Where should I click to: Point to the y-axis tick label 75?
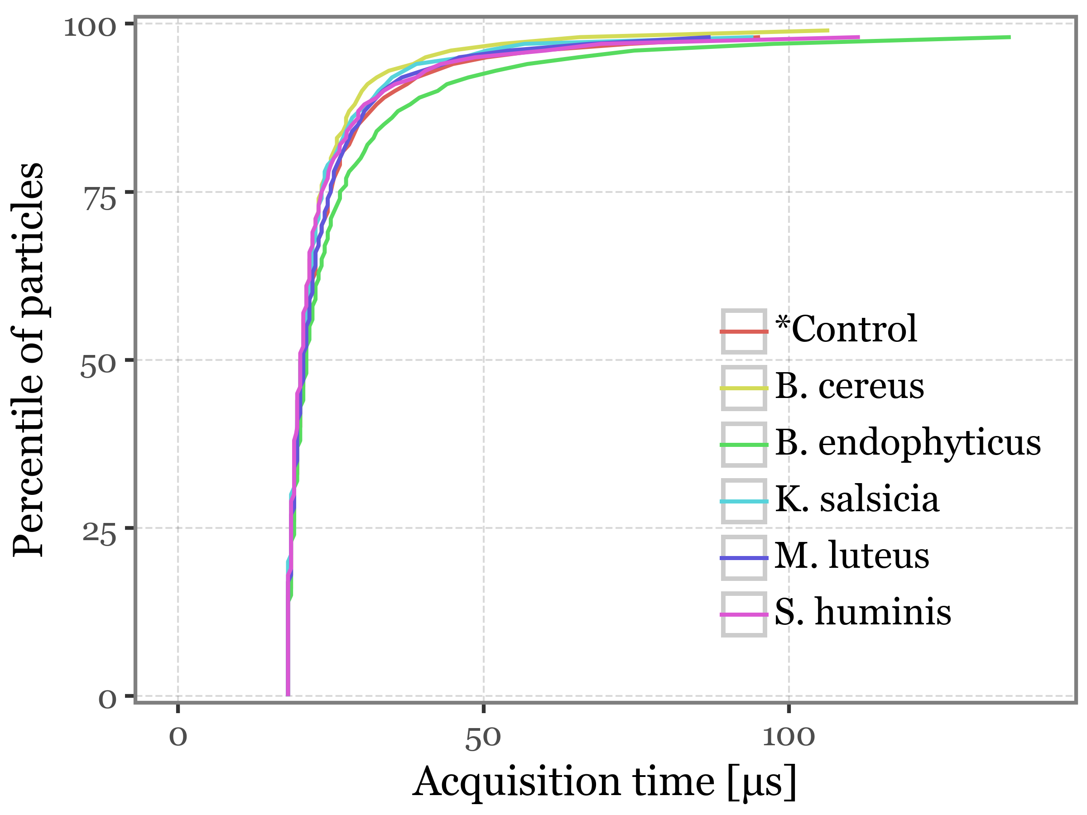[x=100, y=200]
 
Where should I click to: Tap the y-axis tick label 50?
[x=98, y=368]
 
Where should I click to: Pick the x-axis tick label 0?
[x=178, y=738]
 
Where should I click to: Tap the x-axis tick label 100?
[x=788, y=738]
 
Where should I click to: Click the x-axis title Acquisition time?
[x=604, y=782]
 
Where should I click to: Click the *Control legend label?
[x=846, y=329]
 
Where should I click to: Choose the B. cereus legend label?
[x=849, y=386]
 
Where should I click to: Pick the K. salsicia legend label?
[x=857, y=499]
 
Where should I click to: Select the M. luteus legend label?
[x=851, y=556]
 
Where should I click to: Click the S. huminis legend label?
[x=863, y=613]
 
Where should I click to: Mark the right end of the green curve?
[x=1010, y=37]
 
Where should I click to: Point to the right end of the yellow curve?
[x=828, y=30]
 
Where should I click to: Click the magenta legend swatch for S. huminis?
[x=744, y=614]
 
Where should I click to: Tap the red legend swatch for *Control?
[x=744, y=331]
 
